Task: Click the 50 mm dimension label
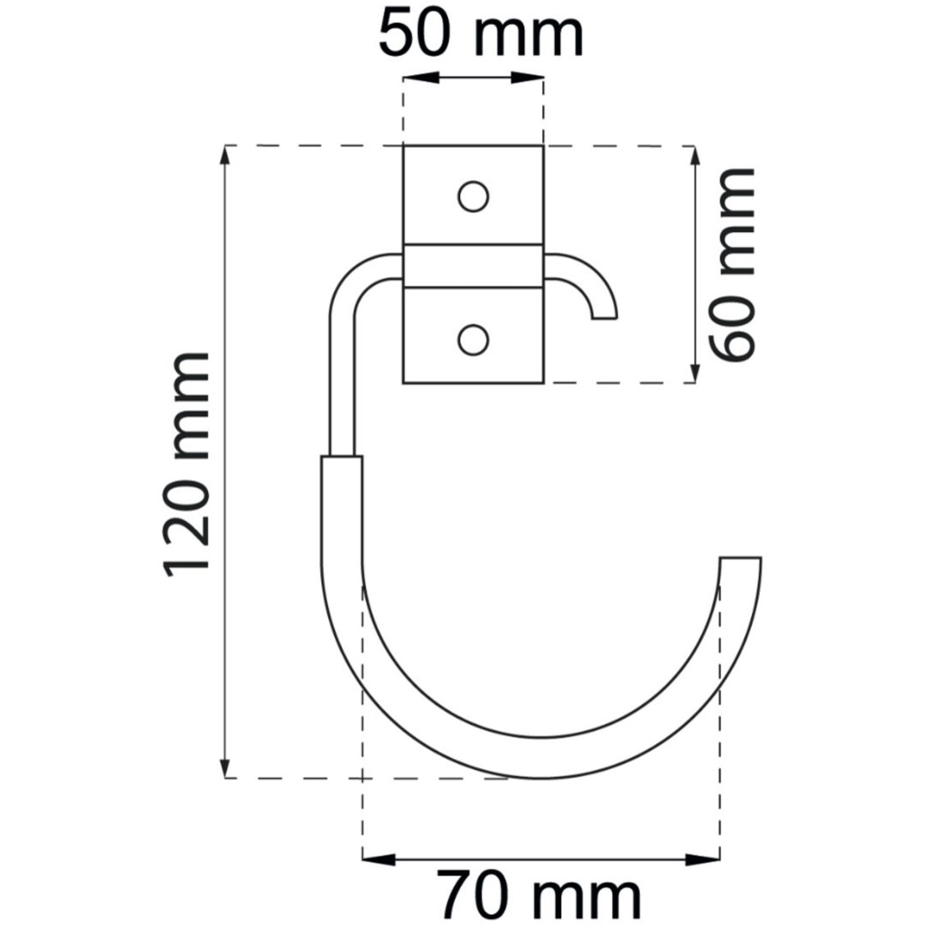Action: (x=480, y=35)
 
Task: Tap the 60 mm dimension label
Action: (x=731, y=265)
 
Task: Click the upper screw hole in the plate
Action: (x=473, y=196)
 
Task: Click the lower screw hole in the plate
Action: (x=473, y=340)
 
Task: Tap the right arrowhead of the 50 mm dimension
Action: (x=526, y=78)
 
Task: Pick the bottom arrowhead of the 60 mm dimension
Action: (x=695, y=365)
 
